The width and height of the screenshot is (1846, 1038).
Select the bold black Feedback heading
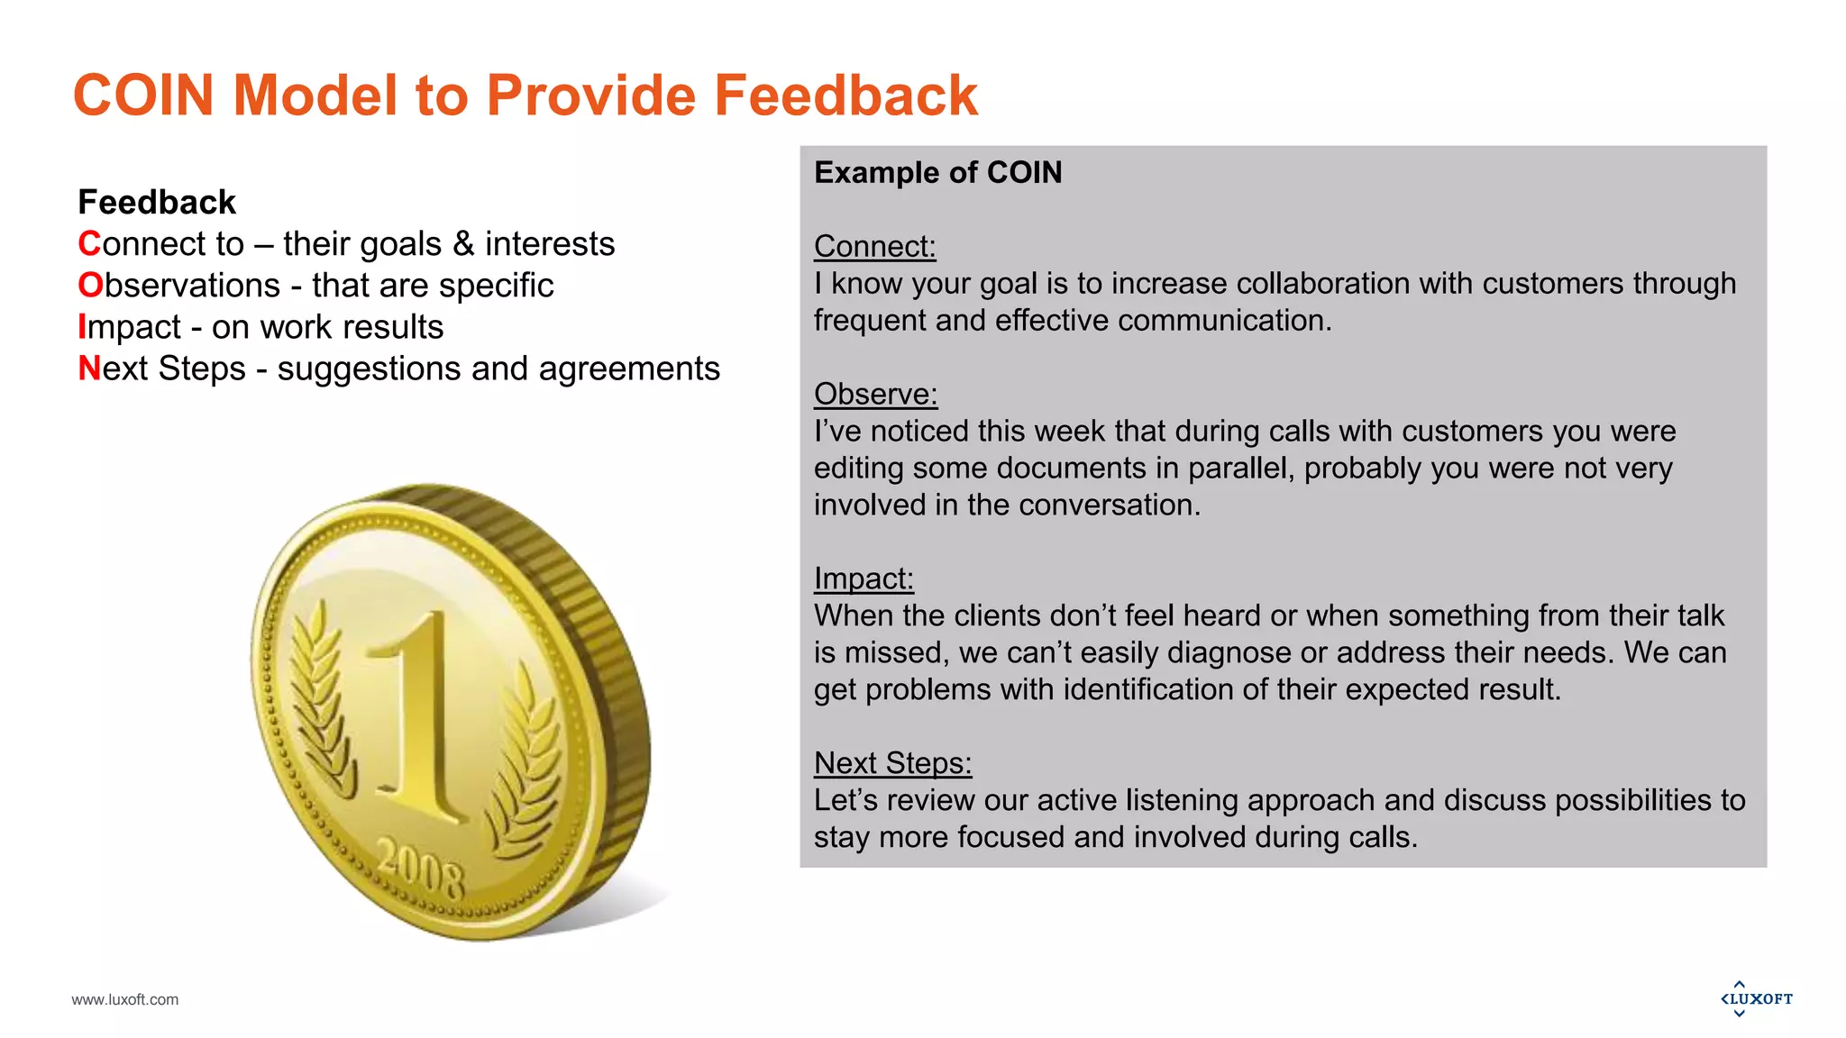tap(157, 202)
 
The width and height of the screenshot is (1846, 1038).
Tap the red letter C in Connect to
tap(88, 244)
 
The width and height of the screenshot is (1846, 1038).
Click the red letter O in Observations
tap(90, 286)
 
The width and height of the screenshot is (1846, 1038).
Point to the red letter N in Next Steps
tap(89, 369)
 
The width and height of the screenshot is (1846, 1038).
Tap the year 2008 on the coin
tap(421, 867)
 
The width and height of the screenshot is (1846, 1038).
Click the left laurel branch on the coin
tap(321, 703)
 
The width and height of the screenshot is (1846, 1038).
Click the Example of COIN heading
tap(937, 172)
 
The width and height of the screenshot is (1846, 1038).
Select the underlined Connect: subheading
tap(874, 246)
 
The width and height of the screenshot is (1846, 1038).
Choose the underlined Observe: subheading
tap(875, 394)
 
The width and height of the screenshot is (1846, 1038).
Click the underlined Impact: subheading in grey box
tap(864, 578)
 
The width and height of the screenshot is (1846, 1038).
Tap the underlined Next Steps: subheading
tap(892, 763)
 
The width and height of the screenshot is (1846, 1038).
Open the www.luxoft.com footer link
tap(125, 999)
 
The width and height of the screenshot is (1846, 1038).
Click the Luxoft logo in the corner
tap(1756, 998)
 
